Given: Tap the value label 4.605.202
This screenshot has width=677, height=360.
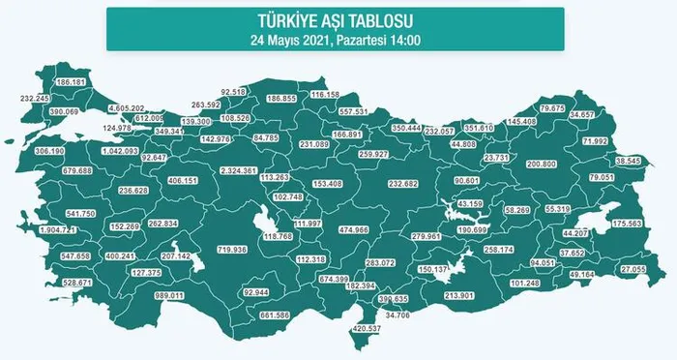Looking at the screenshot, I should pyautogui.click(x=126, y=107).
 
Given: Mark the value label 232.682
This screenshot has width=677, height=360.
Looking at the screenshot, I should pyautogui.click(x=405, y=183).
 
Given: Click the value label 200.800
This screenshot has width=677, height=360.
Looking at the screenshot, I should pyautogui.click(x=540, y=165).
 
